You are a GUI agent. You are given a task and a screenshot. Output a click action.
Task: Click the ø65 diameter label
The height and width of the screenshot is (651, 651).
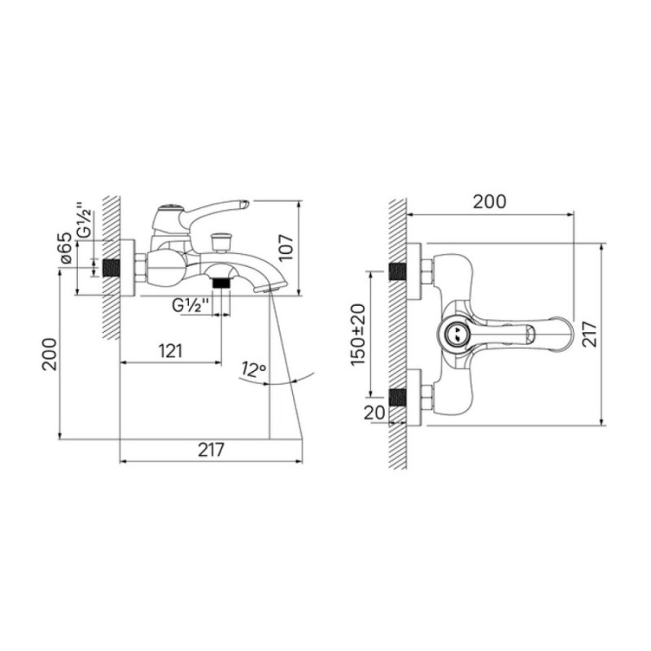pyautogui.click(x=67, y=248)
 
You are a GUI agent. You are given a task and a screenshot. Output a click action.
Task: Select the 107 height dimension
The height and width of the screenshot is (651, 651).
pyautogui.click(x=286, y=248)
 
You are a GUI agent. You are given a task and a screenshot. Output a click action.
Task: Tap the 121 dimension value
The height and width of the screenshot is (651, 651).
pyautogui.click(x=171, y=352)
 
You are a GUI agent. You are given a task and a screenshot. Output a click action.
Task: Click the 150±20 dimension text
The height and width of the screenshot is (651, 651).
pyautogui.click(x=358, y=334)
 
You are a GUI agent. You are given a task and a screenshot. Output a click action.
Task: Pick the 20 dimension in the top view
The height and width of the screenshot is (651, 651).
pyautogui.click(x=374, y=413)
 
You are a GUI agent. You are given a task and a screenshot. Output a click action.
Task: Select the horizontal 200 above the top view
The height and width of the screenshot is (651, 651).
pyautogui.click(x=490, y=202)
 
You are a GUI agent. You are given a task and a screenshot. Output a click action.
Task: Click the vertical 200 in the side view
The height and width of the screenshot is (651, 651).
pyautogui.click(x=50, y=354)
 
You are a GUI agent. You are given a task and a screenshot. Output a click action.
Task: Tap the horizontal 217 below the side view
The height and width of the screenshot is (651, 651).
pyautogui.click(x=211, y=450)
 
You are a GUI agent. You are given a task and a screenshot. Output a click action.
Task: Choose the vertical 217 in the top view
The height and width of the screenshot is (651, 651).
pyautogui.click(x=590, y=334)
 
